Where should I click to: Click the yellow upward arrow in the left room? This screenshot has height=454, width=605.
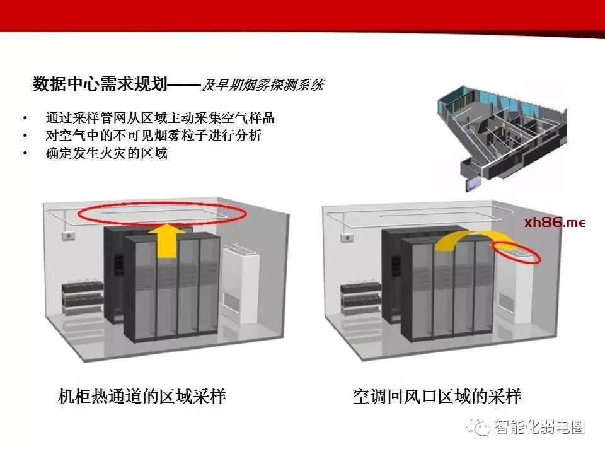coord(167,242)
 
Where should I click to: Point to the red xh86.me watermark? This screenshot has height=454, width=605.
coord(555,223)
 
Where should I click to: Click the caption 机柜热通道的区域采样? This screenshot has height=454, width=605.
coord(142,397)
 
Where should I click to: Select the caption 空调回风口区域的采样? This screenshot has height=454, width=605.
coord(437,397)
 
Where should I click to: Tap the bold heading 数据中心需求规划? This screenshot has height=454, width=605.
coord(100,83)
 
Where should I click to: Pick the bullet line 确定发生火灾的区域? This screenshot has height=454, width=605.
coord(107,153)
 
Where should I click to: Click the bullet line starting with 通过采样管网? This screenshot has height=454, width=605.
coord(159,118)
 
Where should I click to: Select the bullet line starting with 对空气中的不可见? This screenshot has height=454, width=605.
coord(154,136)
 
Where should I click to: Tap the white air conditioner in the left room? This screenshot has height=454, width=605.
coord(241,283)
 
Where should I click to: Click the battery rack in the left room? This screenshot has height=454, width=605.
coord(83,297)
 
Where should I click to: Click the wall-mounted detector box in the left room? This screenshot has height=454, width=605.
coord(69,235)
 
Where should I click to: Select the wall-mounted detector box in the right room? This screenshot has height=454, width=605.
coord(347,237)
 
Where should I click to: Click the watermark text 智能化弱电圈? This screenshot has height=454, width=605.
coord(539,427)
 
